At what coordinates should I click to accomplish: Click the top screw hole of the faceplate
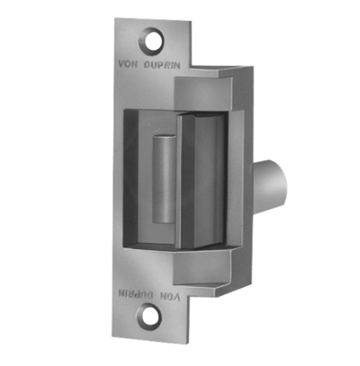tap(151, 42)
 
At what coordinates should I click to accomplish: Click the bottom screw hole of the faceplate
tap(149, 316)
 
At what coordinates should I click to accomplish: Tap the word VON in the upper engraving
tap(128, 64)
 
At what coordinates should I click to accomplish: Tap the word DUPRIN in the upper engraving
tap(162, 65)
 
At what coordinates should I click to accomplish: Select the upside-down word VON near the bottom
tap(170, 296)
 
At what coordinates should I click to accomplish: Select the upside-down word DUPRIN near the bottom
tap(136, 294)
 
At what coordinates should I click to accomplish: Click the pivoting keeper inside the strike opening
tap(201, 181)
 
